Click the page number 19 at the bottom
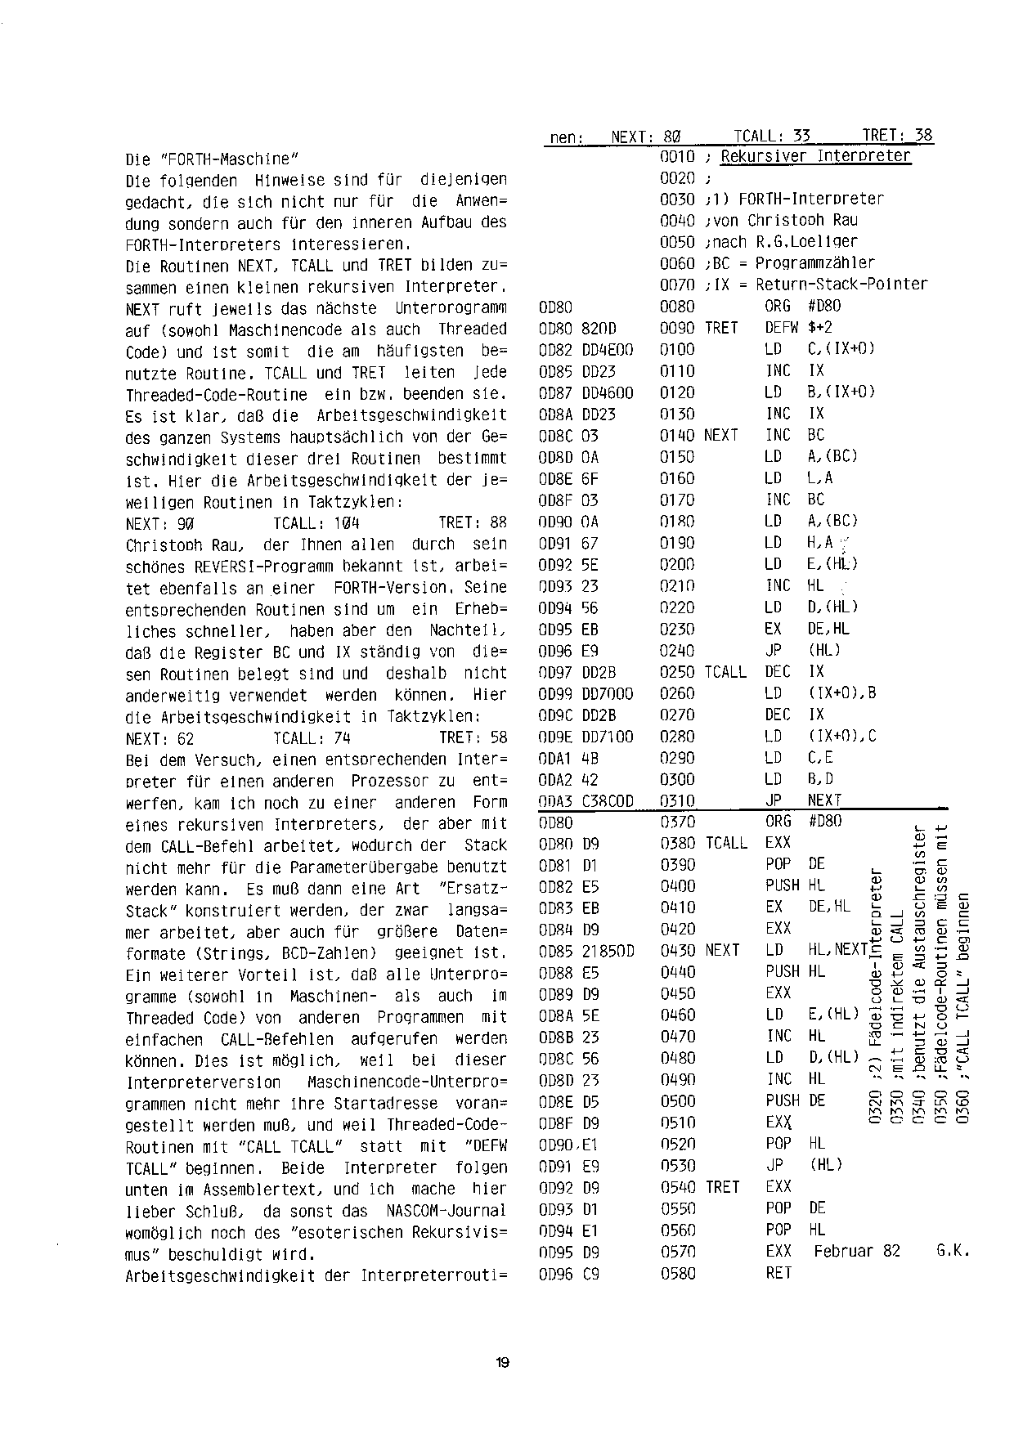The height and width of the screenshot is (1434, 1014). coord(502,1362)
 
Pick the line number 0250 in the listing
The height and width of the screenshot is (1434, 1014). coord(676,672)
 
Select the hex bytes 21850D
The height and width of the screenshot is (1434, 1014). coord(607,951)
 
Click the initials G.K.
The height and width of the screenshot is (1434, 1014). coord(953,1252)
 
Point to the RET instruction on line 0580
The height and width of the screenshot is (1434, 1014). coord(778,1273)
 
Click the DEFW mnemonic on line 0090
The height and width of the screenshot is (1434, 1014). coord(781,328)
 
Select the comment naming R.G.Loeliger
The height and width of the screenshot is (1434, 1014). coord(783,242)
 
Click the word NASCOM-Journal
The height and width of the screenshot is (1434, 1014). coord(445,1211)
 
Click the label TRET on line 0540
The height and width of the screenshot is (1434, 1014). coord(721,1187)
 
